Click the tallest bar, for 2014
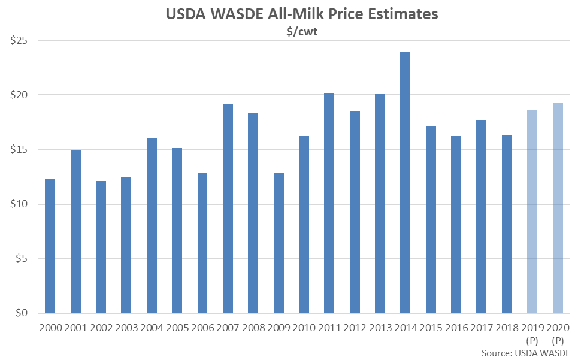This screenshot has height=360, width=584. click(406, 183)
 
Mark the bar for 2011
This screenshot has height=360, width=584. click(329, 204)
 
